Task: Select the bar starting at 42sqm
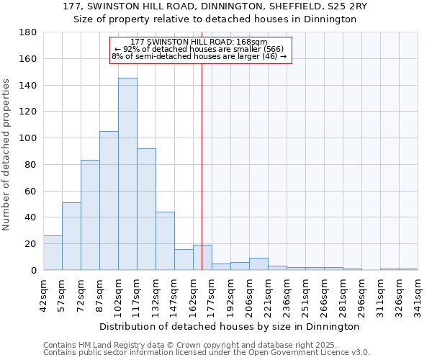tap(53, 253)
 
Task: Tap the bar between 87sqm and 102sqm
tap(109, 201)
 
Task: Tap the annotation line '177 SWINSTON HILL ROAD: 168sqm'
tap(199, 42)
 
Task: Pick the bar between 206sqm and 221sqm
tap(258, 264)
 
